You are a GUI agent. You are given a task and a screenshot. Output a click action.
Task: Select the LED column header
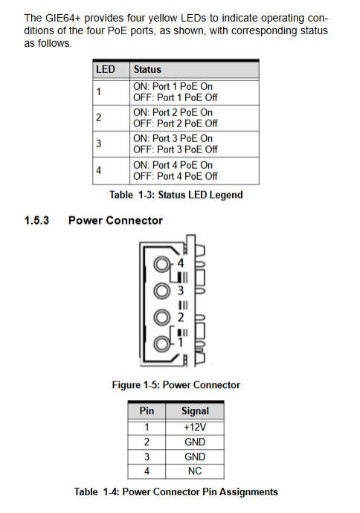point(106,69)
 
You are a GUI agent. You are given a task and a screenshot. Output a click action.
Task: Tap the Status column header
point(147,69)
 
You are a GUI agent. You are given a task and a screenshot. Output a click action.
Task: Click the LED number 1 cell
point(98,91)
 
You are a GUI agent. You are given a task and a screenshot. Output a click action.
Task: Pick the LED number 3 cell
point(98,143)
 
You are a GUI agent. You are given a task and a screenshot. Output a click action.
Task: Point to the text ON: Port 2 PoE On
point(173,112)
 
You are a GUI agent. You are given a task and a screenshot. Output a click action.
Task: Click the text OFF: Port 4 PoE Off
point(175,176)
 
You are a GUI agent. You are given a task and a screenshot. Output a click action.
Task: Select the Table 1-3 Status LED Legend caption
point(176,195)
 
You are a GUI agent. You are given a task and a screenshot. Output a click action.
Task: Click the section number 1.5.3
point(36,221)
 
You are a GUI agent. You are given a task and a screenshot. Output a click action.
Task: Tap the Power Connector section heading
point(115,221)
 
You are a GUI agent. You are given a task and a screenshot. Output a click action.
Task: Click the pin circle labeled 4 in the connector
point(162,264)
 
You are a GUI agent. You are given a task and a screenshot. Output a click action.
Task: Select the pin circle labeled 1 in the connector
point(162,343)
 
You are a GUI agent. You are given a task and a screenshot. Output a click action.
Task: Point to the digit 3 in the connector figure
point(181,291)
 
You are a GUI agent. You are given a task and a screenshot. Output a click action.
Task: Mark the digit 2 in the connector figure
point(181,317)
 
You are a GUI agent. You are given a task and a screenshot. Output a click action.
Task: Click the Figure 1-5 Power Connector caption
point(176,385)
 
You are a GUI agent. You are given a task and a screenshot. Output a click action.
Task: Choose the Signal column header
point(195,411)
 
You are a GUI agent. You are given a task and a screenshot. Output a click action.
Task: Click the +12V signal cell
point(195,427)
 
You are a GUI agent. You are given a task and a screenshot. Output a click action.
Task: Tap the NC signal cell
point(195,471)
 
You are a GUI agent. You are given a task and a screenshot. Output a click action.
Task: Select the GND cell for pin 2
point(195,442)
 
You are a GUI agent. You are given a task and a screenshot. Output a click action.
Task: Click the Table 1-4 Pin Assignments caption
point(176,492)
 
